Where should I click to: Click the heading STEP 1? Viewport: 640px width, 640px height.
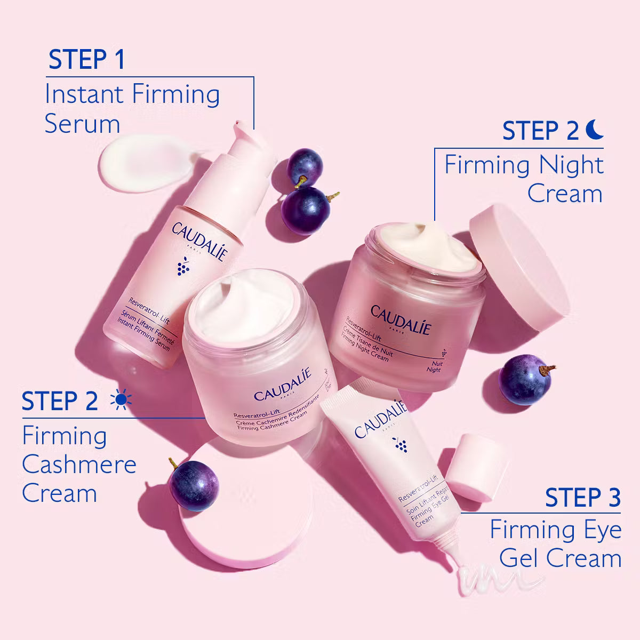[x=86, y=60]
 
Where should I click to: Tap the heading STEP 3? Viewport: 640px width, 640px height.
[x=583, y=498]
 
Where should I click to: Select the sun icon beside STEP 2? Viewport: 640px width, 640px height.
[x=120, y=401]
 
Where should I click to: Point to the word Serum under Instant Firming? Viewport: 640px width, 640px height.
[x=82, y=124]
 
